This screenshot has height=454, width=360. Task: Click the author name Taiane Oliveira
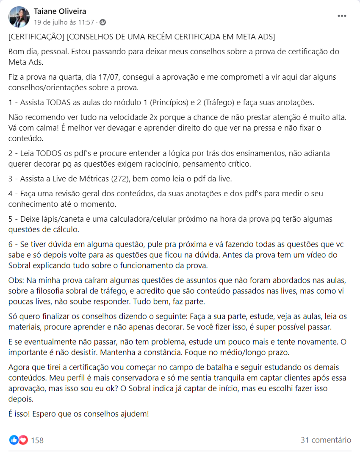[x=60, y=11]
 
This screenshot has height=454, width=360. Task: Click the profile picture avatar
[x=19, y=17]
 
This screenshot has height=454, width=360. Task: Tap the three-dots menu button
[x=342, y=16]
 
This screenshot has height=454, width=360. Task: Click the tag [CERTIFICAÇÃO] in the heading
[x=36, y=37]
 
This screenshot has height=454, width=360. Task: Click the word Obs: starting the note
[x=17, y=281]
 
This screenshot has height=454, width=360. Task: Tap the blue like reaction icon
[x=14, y=440]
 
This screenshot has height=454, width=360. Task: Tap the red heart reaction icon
[x=23, y=440]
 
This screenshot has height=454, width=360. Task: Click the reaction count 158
[x=37, y=440]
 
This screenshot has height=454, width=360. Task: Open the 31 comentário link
[x=326, y=440]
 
